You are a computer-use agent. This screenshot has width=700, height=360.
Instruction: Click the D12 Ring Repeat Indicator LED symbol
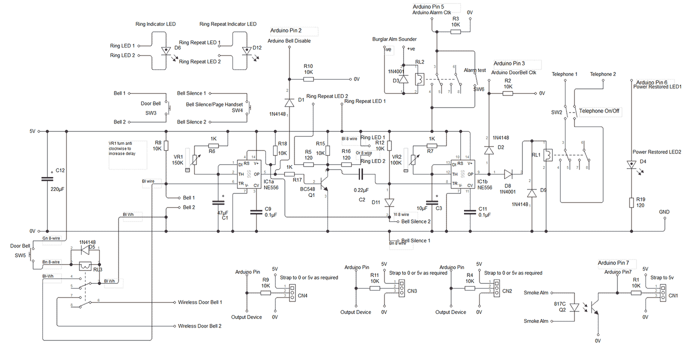(245, 50)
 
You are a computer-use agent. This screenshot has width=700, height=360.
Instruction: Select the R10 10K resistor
(308, 79)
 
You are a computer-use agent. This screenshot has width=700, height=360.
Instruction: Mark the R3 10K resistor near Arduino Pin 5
(455, 31)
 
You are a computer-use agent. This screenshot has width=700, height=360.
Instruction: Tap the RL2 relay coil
(420, 78)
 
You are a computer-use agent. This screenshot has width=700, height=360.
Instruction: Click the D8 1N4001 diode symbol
(508, 173)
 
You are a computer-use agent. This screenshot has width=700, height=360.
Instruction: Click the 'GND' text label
(664, 212)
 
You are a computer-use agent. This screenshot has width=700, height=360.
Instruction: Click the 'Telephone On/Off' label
(599, 111)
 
